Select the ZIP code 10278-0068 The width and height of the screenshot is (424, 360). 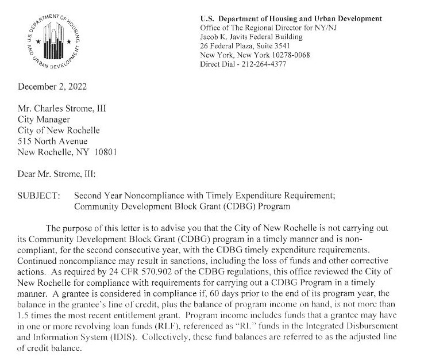click(286, 55)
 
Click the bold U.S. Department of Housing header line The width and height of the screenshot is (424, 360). click(291, 19)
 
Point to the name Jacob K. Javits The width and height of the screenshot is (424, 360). click(224, 37)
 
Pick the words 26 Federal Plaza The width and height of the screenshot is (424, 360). click(224, 47)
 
